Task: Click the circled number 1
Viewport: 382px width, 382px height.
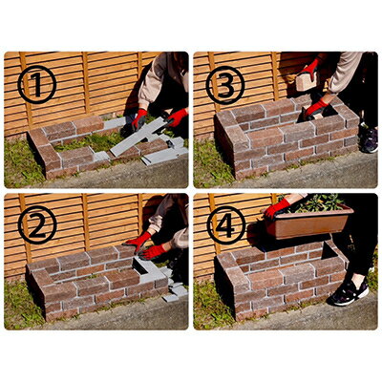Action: tap(36, 85)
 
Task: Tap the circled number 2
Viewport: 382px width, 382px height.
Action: tap(37, 225)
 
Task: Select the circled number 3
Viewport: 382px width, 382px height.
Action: tap(225, 85)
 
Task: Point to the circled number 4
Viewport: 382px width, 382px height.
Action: tap(226, 225)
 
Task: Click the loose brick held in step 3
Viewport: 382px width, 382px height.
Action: tap(307, 81)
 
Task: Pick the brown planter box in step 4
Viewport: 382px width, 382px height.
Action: tap(308, 223)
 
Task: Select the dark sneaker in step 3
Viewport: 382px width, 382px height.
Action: tap(370, 139)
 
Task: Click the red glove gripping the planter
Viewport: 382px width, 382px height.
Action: tap(276, 208)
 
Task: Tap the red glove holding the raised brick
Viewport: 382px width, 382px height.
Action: tap(310, 68)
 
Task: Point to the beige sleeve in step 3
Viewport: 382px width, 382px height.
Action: tap(345, 73)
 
